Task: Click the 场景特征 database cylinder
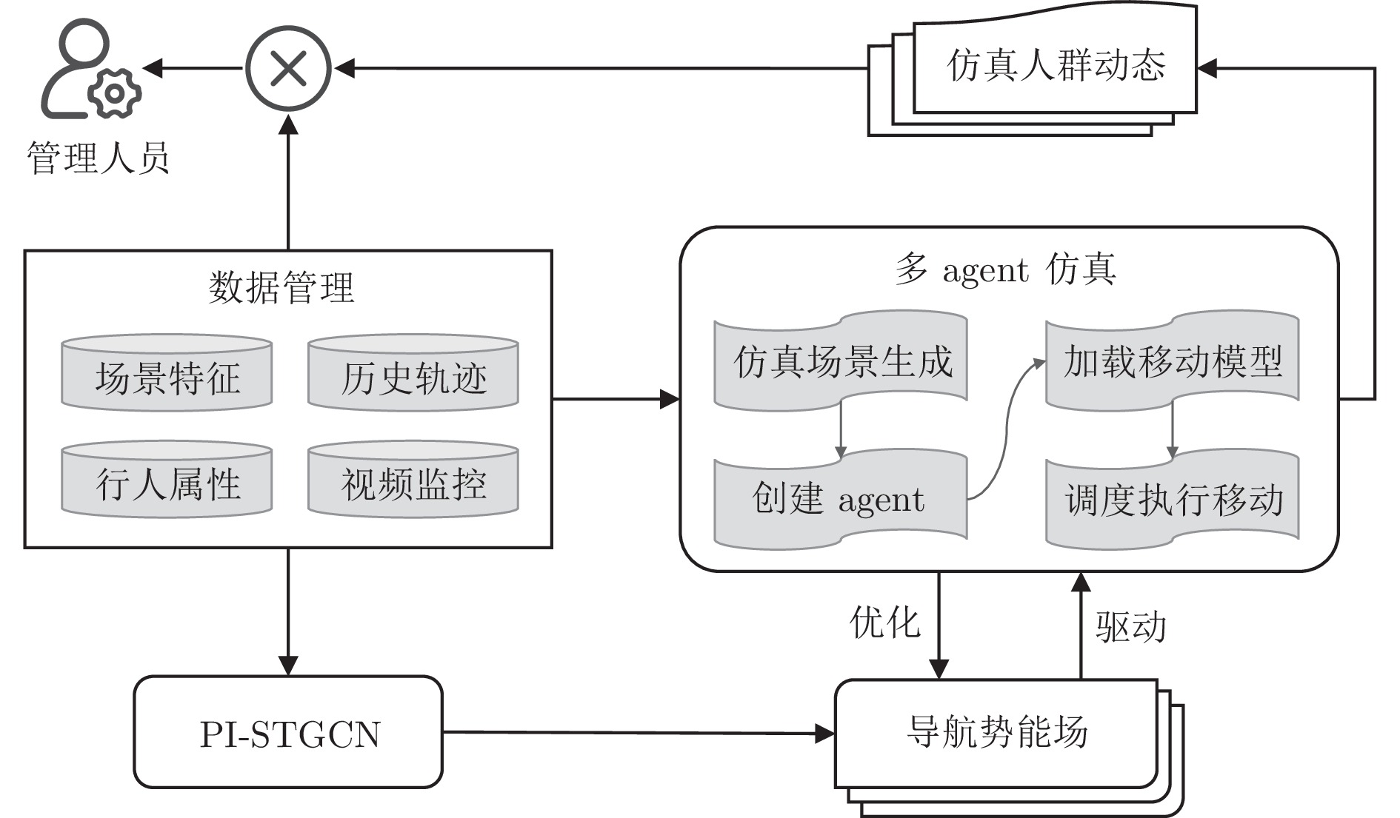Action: pyautogui.click(x=167, y=375)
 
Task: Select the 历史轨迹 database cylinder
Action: pyautogui.click(x=413, y=375)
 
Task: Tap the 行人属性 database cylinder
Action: pyautogui.click(x=167, y=481)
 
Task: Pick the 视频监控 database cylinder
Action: pyautogui.click(x=413, y=481)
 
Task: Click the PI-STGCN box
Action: pyautogui.click(x=288, y=732)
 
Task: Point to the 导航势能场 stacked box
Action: pyautogui.click(x=996, y=732)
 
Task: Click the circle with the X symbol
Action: pyautogui.click(x=288, y=68)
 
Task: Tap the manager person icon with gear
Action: pyautogui.click(x=89, y=70)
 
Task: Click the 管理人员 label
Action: pyautogui.click(x=98, y=158)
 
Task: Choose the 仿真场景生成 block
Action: pyautogui.click(x=841, y=361)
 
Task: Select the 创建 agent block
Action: pyautogui.click(x=841, y=499)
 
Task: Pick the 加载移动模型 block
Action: pyautogui.click(x=1172, y=361)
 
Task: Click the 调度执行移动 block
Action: pyautogui.click(x=1172, y=499)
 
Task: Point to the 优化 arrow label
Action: pyautogui.click(x=884, y=622)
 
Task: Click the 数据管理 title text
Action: pyautogui.click(x=281, y=287)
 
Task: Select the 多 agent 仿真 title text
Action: pyautogui.click(x=1006, y=269)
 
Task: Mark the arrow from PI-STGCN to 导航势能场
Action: pyautogui.click(x=637, y=733)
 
